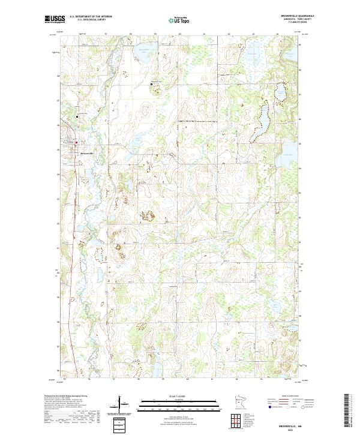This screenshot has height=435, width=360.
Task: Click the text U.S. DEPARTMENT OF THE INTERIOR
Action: point(91,17)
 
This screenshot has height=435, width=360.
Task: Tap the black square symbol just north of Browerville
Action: point(77,115)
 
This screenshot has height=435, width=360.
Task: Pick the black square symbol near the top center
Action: point(151,85)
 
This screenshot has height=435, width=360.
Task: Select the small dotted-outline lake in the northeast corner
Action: point(279,93)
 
